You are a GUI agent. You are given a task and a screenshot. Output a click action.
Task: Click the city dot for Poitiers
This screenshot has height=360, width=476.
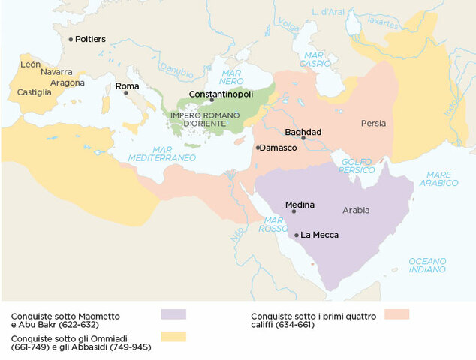[x=71, y=39]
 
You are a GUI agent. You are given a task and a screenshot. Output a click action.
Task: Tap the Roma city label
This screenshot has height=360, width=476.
[x=127, y=86]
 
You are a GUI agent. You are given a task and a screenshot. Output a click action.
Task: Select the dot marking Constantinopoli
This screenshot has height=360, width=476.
[x=212, y=100]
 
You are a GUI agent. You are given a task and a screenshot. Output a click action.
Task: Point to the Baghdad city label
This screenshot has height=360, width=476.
[x=303, y=132]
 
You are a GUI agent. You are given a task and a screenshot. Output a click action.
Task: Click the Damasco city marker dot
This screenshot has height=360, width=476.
[x=258, y=148]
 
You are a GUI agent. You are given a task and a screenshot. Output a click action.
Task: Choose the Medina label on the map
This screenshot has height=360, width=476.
[x=300, y=205]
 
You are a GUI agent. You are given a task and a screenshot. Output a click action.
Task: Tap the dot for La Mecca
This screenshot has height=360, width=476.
[x=297, y=235]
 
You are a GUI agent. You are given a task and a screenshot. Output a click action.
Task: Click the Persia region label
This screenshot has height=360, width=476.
[x=373, y=123]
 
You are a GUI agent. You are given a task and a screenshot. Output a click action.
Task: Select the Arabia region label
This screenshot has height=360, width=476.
[x=356, y=210]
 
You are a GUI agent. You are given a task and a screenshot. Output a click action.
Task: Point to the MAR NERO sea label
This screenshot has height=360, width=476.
[x=231, y=76]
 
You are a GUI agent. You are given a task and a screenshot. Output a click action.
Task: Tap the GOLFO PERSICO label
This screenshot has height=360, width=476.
[x=357, y=166]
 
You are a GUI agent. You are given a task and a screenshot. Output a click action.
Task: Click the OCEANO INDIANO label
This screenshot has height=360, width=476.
[x=427, y=265]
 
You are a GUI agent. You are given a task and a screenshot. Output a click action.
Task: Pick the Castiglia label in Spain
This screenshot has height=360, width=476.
[x=35, y=92]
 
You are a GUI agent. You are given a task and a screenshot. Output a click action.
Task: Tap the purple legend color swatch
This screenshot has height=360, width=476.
[x=173, y=314]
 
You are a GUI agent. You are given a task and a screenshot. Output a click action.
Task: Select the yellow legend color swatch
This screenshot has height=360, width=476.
[x=173, y=337]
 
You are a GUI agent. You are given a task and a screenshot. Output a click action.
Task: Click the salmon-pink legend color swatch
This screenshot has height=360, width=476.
[x=396, y=314]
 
